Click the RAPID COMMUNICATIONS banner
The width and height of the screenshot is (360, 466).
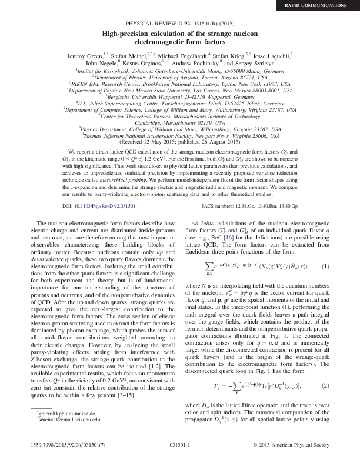tap(323, 6)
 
